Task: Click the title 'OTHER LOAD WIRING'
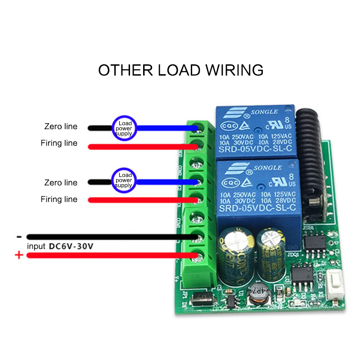click(x=180, y=70)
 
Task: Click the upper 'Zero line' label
click(x=61, y=126)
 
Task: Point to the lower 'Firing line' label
click(x=59, y=199)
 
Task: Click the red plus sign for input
click(x=19, y=256)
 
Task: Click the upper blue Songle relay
click(x=255, y=130)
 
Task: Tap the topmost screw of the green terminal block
click(x=197, y=128)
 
